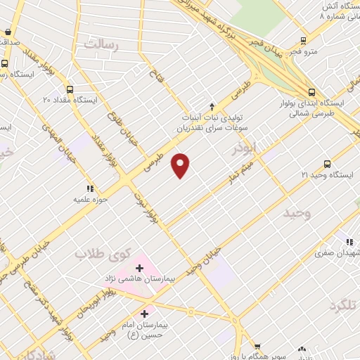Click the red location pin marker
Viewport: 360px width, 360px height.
pos(181,165)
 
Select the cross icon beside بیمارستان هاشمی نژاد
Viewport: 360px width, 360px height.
pos(139,268)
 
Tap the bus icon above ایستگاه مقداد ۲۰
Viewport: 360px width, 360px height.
pos(69,89)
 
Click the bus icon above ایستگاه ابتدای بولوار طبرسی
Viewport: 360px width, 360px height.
pos(311,91)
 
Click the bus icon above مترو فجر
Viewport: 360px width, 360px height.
pos(303,40)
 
